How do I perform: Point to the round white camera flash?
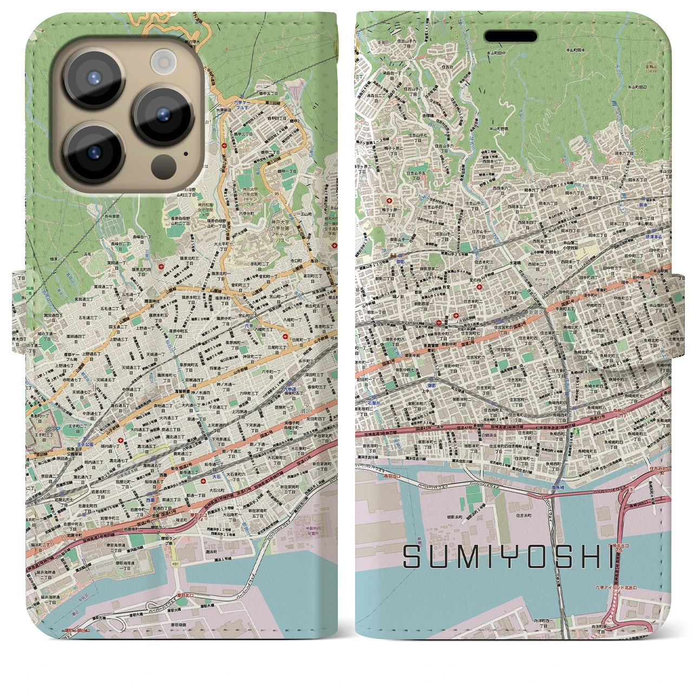point(162,60)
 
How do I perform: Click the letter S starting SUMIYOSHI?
point(413,557)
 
